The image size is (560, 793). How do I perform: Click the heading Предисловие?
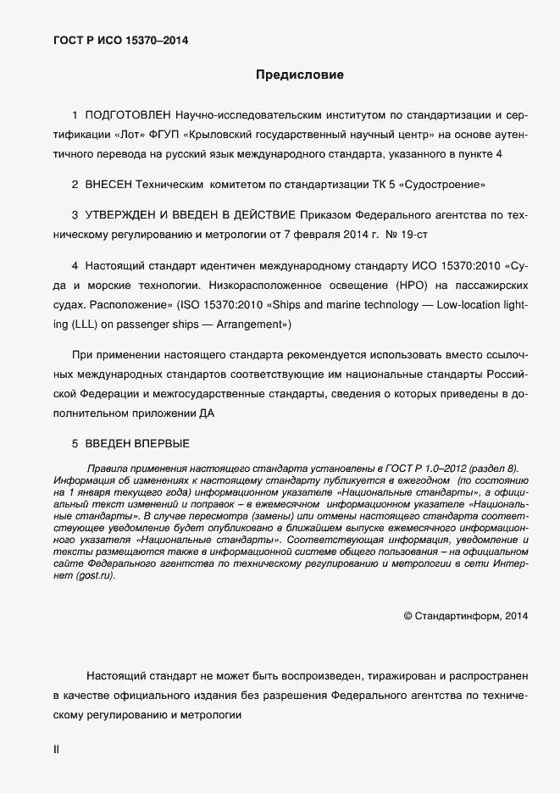[300, 75]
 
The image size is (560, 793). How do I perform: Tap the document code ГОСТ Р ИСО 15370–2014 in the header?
[121, 39]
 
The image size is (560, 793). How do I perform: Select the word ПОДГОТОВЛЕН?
[128, 114]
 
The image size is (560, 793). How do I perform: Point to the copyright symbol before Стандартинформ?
[408, 616]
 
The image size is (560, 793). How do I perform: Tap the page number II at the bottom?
[56, 750]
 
